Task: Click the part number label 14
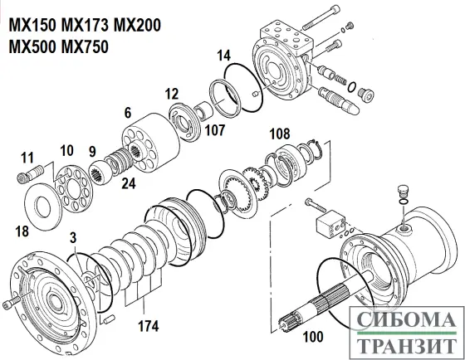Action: pyautogui.click(x=223, y=56)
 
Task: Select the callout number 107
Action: pyautogui.click(x=214, y=130)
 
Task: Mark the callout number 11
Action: pyautogui.click(x=27, y=157)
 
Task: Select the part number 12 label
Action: pyautogui.click(x=172, y=93)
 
